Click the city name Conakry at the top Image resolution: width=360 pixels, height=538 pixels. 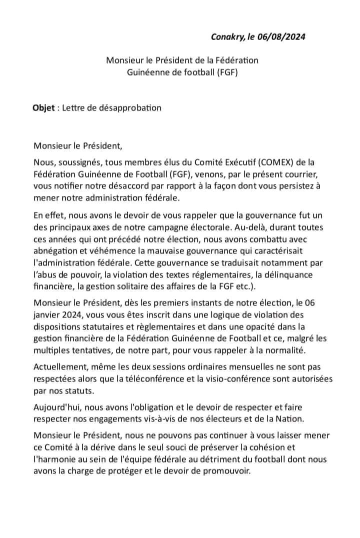coord(228,36)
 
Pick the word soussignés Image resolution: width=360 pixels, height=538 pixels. coord(77,162)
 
